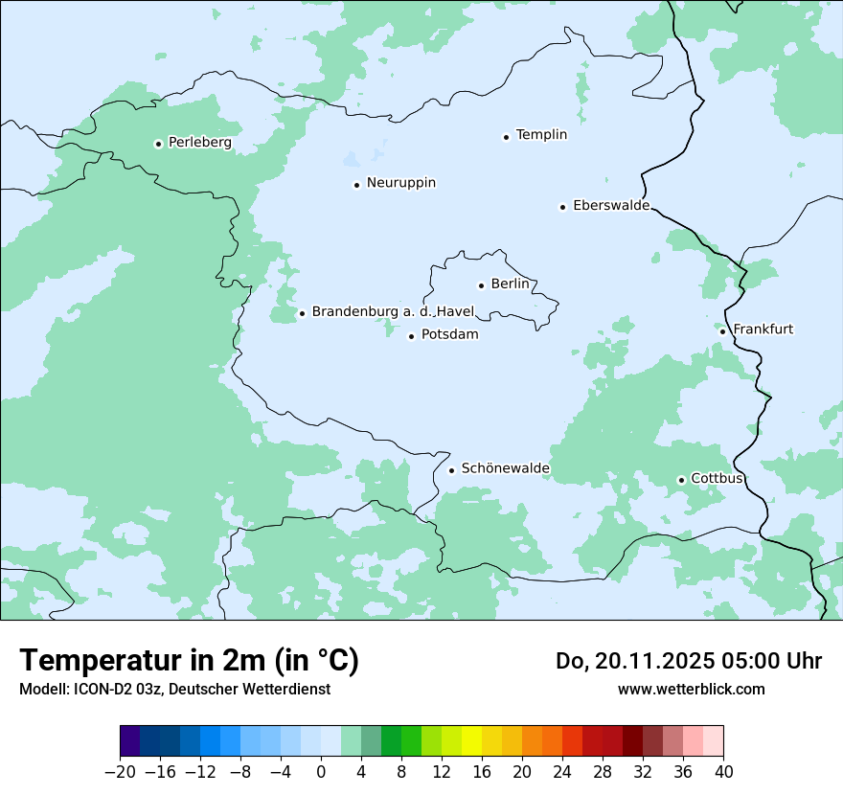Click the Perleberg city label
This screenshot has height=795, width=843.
point(199,143)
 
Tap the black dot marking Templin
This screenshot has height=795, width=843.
point(506,136)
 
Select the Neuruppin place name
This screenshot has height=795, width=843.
point(400,183)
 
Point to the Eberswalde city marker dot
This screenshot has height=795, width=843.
point(562,206)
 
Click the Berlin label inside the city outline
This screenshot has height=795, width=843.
point(510,284)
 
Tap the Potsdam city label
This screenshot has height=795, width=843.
point(449,335)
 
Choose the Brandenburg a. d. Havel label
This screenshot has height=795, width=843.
point(393,312)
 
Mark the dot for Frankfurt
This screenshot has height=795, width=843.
point(722,330)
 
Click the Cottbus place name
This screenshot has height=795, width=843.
point(717,479)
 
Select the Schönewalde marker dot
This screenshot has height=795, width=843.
point(451,469)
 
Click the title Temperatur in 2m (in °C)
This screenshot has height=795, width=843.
point(189,661)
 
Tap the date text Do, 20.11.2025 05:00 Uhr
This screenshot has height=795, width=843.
point(689,661)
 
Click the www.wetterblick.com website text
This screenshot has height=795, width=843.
point(691,690)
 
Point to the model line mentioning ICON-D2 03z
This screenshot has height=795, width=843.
point(174,690)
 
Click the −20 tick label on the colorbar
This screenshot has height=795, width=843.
point(120,772)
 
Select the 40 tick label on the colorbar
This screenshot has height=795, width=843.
point(723,772)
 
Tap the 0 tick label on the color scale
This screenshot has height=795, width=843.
point(321,772)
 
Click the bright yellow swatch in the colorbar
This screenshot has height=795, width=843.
point(471,741)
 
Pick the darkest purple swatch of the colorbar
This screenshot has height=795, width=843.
point(130,741)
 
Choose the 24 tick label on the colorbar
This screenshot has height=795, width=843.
point(562,772)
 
